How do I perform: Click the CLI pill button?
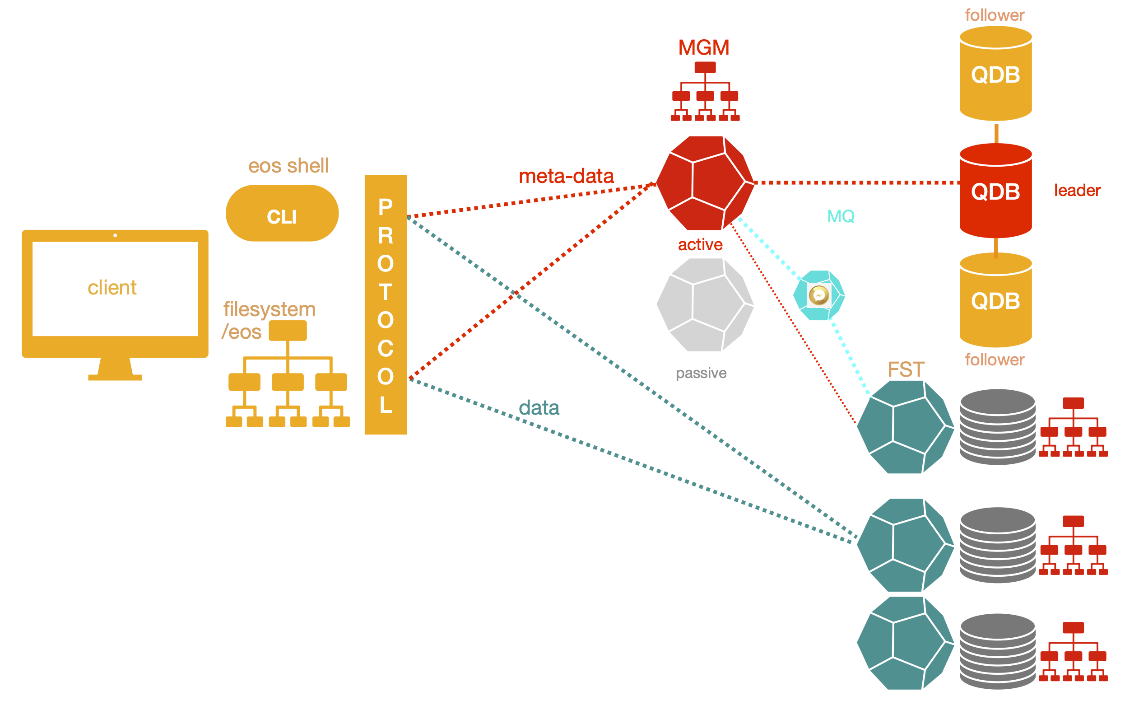point(282,214)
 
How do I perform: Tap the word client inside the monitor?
point(112,287)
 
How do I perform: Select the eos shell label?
point(288,165)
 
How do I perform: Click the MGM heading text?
point(704,48)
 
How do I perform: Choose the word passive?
point(701,373)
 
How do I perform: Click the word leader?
point(1077,190)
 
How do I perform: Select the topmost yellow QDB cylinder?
point(995,74)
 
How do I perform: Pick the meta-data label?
point(566,176)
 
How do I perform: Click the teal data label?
point(539,407)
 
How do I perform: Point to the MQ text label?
point(841,216)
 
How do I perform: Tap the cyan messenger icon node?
point(819,295)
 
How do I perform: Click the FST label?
point(906,370)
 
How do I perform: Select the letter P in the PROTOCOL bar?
point(386,207)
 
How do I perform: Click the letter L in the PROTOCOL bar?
point(386,405)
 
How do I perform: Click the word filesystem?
point(270,309)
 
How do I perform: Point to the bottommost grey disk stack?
point(997,651)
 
